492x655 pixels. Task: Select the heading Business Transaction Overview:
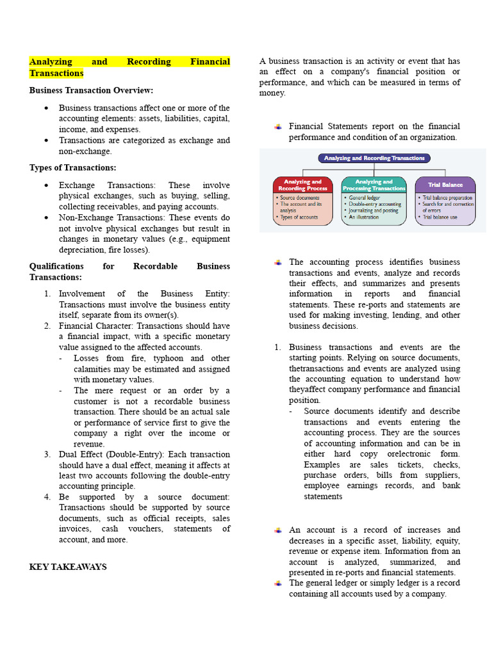[x=91, y=90]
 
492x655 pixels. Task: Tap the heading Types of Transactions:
[x=72, y=168]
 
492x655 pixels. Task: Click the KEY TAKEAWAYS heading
[x=68, y=567]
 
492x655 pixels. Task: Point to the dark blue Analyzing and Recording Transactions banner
[x=374, y=158]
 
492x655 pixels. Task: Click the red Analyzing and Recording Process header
[x=302, y=185]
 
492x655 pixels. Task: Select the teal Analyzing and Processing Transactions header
[x=373, y=185]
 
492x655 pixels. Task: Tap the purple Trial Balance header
[x=445, y=185]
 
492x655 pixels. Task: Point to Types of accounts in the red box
[x=298, y=217]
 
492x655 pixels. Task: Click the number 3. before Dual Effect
[x=47, y=455]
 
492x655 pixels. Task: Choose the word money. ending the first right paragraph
[x=272, y=93]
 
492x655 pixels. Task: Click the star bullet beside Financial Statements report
[x=278, y=127]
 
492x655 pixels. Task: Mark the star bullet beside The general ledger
[x=278, y=583]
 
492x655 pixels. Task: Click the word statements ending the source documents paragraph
[x=323, y=496]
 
